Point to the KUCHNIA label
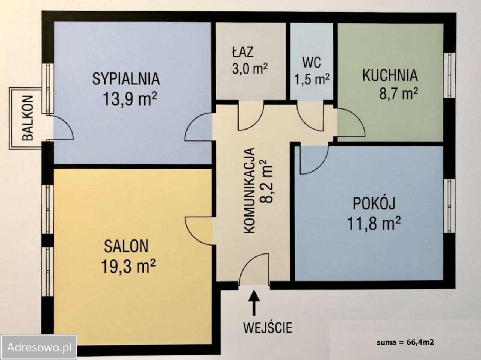pos(390,75)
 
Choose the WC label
pos(312,63)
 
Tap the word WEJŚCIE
pos(268,327)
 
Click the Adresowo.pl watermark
pos(39,347)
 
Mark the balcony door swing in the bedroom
pos(62,128)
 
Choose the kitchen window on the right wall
pos(449,75)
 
